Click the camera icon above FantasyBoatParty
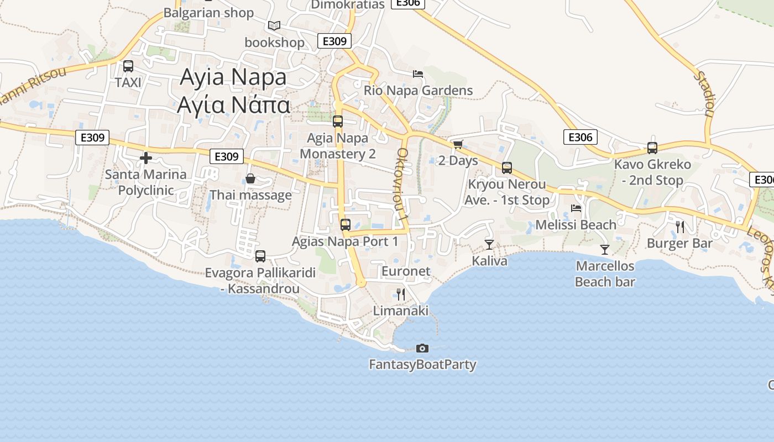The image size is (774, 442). coord(422,348)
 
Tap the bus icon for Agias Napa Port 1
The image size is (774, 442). coord(346,225)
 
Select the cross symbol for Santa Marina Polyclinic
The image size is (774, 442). coord(146,159)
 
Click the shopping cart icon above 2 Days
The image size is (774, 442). coord(458,145)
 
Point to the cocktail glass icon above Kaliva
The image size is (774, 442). coord(489,244)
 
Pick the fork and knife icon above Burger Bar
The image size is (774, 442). coord(680,227)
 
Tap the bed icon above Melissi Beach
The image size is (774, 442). coord(576,208)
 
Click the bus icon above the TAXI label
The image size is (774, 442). coord(128,66)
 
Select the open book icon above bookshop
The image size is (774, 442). coord(274,25)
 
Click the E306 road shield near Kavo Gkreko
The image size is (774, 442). coord(580,137)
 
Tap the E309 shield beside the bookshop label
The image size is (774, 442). coord(334,41)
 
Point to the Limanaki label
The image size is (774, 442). coord(401,311)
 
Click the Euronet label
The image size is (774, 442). coord(406,271)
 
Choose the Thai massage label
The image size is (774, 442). coord(250,195)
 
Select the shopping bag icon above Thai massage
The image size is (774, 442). coord(250,178)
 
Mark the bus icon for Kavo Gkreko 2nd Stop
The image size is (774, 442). coord(652,148)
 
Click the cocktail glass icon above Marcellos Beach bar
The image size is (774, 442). coord(605,250)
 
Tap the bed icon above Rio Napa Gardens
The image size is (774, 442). coord(418,74)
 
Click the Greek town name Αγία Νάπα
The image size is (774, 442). coord(233,104)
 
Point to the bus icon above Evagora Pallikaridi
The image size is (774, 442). coord(260,256)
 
